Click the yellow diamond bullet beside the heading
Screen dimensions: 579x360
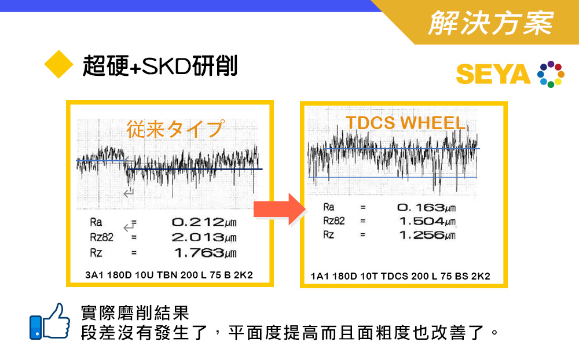[x=58, y=64]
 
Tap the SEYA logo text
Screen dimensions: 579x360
[x=493, y=74]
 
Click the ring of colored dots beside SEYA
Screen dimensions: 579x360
[x=551, y=74]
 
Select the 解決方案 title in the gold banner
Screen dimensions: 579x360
[x=491, y=23]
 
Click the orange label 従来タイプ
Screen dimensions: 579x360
[x=175, y=129]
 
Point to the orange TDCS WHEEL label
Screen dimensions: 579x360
[x=405, y=123]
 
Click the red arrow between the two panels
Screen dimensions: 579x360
[x=280, y=209]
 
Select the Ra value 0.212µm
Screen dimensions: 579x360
[x=204, y=222]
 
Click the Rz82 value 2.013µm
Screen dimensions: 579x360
[x=204, y=237]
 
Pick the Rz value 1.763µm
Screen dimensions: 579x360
[x=206, y=253]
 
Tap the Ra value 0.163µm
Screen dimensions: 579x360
[x=426, y=208]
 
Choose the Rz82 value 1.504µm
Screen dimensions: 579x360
[x=427, y=221]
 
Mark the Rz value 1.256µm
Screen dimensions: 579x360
[x=427, y=235]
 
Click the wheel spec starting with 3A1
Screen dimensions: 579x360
[x=168, y=275]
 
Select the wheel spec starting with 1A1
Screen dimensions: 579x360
[x=400, y=276]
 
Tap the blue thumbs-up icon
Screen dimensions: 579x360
[x=50, y=322]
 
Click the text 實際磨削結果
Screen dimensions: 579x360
[x=135, y=313]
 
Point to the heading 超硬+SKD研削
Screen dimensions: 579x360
[x=160, y=66]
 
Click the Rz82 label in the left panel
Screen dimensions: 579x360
[x=101, y=237]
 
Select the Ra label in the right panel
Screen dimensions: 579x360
[x=329, y=207]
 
